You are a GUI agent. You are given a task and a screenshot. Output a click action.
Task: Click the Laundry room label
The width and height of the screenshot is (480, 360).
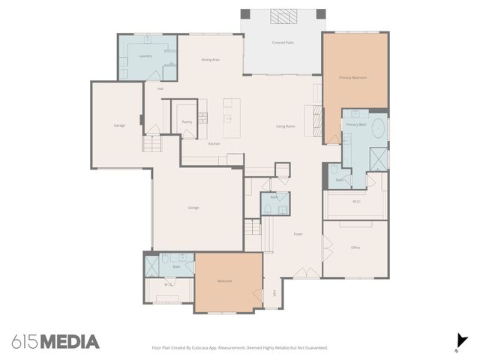tap(146, 55)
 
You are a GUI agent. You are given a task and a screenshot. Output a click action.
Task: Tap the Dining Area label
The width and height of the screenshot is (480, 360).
tap(210, 59)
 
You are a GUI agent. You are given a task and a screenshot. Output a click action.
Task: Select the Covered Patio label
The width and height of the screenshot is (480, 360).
tap(283, 43)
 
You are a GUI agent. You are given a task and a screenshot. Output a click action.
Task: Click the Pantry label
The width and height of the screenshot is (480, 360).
tap(187, 121)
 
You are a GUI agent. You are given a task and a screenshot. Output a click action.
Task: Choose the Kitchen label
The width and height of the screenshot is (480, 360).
tap(214, 142)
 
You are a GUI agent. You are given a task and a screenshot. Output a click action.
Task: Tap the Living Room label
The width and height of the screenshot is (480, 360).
tap(285, 126)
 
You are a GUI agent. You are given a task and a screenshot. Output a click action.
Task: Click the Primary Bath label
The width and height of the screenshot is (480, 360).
tap(356, 124)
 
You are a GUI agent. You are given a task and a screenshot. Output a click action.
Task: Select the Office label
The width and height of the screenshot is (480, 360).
tap(356, 247)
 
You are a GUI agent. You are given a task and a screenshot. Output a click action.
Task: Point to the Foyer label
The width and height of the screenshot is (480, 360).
tap(298, 235)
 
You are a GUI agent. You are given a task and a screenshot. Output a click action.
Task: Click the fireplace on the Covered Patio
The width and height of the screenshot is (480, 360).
tap(283, 18)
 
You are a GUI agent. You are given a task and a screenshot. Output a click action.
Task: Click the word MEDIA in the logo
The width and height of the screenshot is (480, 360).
tap(70, 342)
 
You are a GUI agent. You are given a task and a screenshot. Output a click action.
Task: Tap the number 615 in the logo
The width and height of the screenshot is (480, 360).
tap(25, 342)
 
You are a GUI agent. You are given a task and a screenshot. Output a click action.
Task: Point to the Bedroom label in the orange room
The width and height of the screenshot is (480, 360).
tap(225, 281)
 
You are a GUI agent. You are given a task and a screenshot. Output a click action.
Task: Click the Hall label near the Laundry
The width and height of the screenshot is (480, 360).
tap(160, 88)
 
